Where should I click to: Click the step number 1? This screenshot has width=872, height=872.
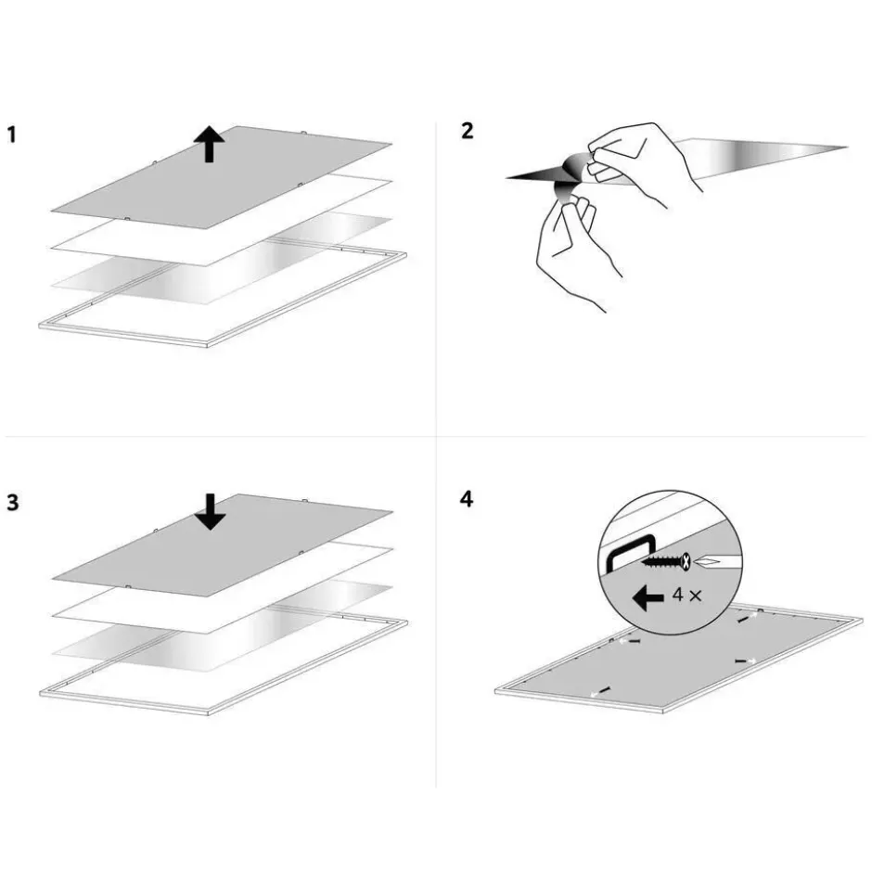pyautogui.click(x=12, y=135)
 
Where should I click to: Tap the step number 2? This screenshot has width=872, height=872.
pyautogui.click(x=468, y=131)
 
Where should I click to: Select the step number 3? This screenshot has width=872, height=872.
pyautogui.click(x=13, y=503)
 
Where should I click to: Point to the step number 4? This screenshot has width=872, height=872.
pyautogui.click(x=467, y=499)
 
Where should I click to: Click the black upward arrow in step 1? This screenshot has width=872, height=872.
pyautogui.click(x=209, y=144)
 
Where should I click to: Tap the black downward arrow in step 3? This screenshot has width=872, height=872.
pyautogui.click(x=211, y=512)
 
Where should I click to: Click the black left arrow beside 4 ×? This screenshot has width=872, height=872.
pyautogui.click(x=648, y=597)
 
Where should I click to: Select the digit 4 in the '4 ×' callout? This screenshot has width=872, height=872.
pyautogui.click(x=678, y=595)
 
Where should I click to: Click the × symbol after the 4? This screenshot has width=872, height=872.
pyautogui.click(x=695, y=596)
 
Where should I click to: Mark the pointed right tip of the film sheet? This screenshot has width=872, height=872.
pyautogui.click(x=847, y=147)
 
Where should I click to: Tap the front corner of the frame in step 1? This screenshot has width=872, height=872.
pyautogui.click(x=207, y=346)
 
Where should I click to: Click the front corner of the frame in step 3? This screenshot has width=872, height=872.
pyautogui.click(x=208, y=713)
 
